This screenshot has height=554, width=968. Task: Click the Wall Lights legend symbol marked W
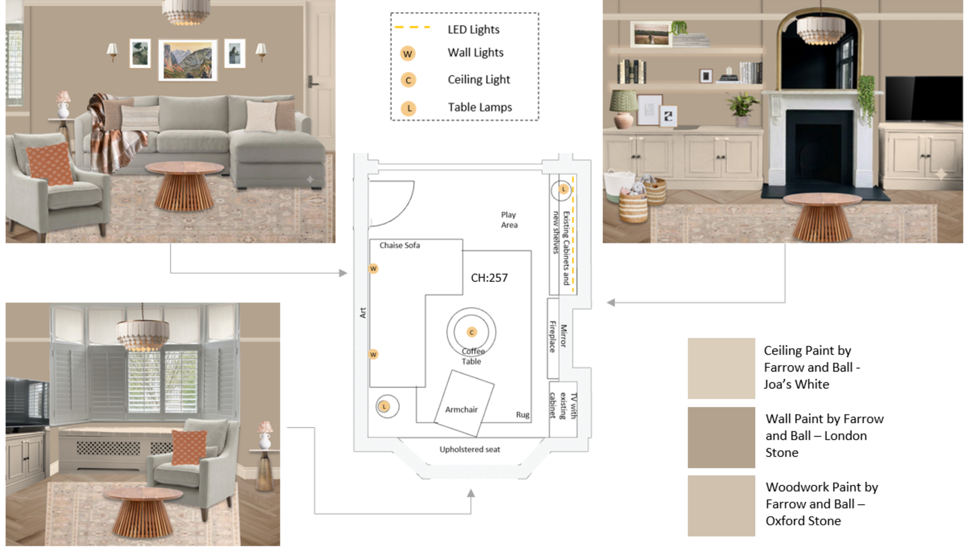407,54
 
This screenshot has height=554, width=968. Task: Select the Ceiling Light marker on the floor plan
472,332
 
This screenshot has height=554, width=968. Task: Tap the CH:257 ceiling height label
489,278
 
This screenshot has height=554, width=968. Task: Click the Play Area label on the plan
509,220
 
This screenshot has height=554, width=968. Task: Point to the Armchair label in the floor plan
462,410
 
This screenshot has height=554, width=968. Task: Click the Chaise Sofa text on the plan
400,245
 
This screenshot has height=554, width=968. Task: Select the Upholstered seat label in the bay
470,449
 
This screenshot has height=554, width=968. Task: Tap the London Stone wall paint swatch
721,437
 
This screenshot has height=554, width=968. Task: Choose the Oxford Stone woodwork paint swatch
721,506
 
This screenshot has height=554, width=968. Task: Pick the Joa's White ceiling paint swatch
721,369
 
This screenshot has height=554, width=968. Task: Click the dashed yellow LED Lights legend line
412,27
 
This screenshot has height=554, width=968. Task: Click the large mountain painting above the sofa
187,60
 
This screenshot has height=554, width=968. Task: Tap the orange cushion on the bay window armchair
189,448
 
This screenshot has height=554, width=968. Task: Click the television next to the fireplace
924,99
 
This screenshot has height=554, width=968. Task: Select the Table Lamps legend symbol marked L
408,108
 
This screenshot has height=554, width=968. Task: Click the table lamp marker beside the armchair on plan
384,406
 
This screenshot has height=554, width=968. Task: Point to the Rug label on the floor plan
523,415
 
